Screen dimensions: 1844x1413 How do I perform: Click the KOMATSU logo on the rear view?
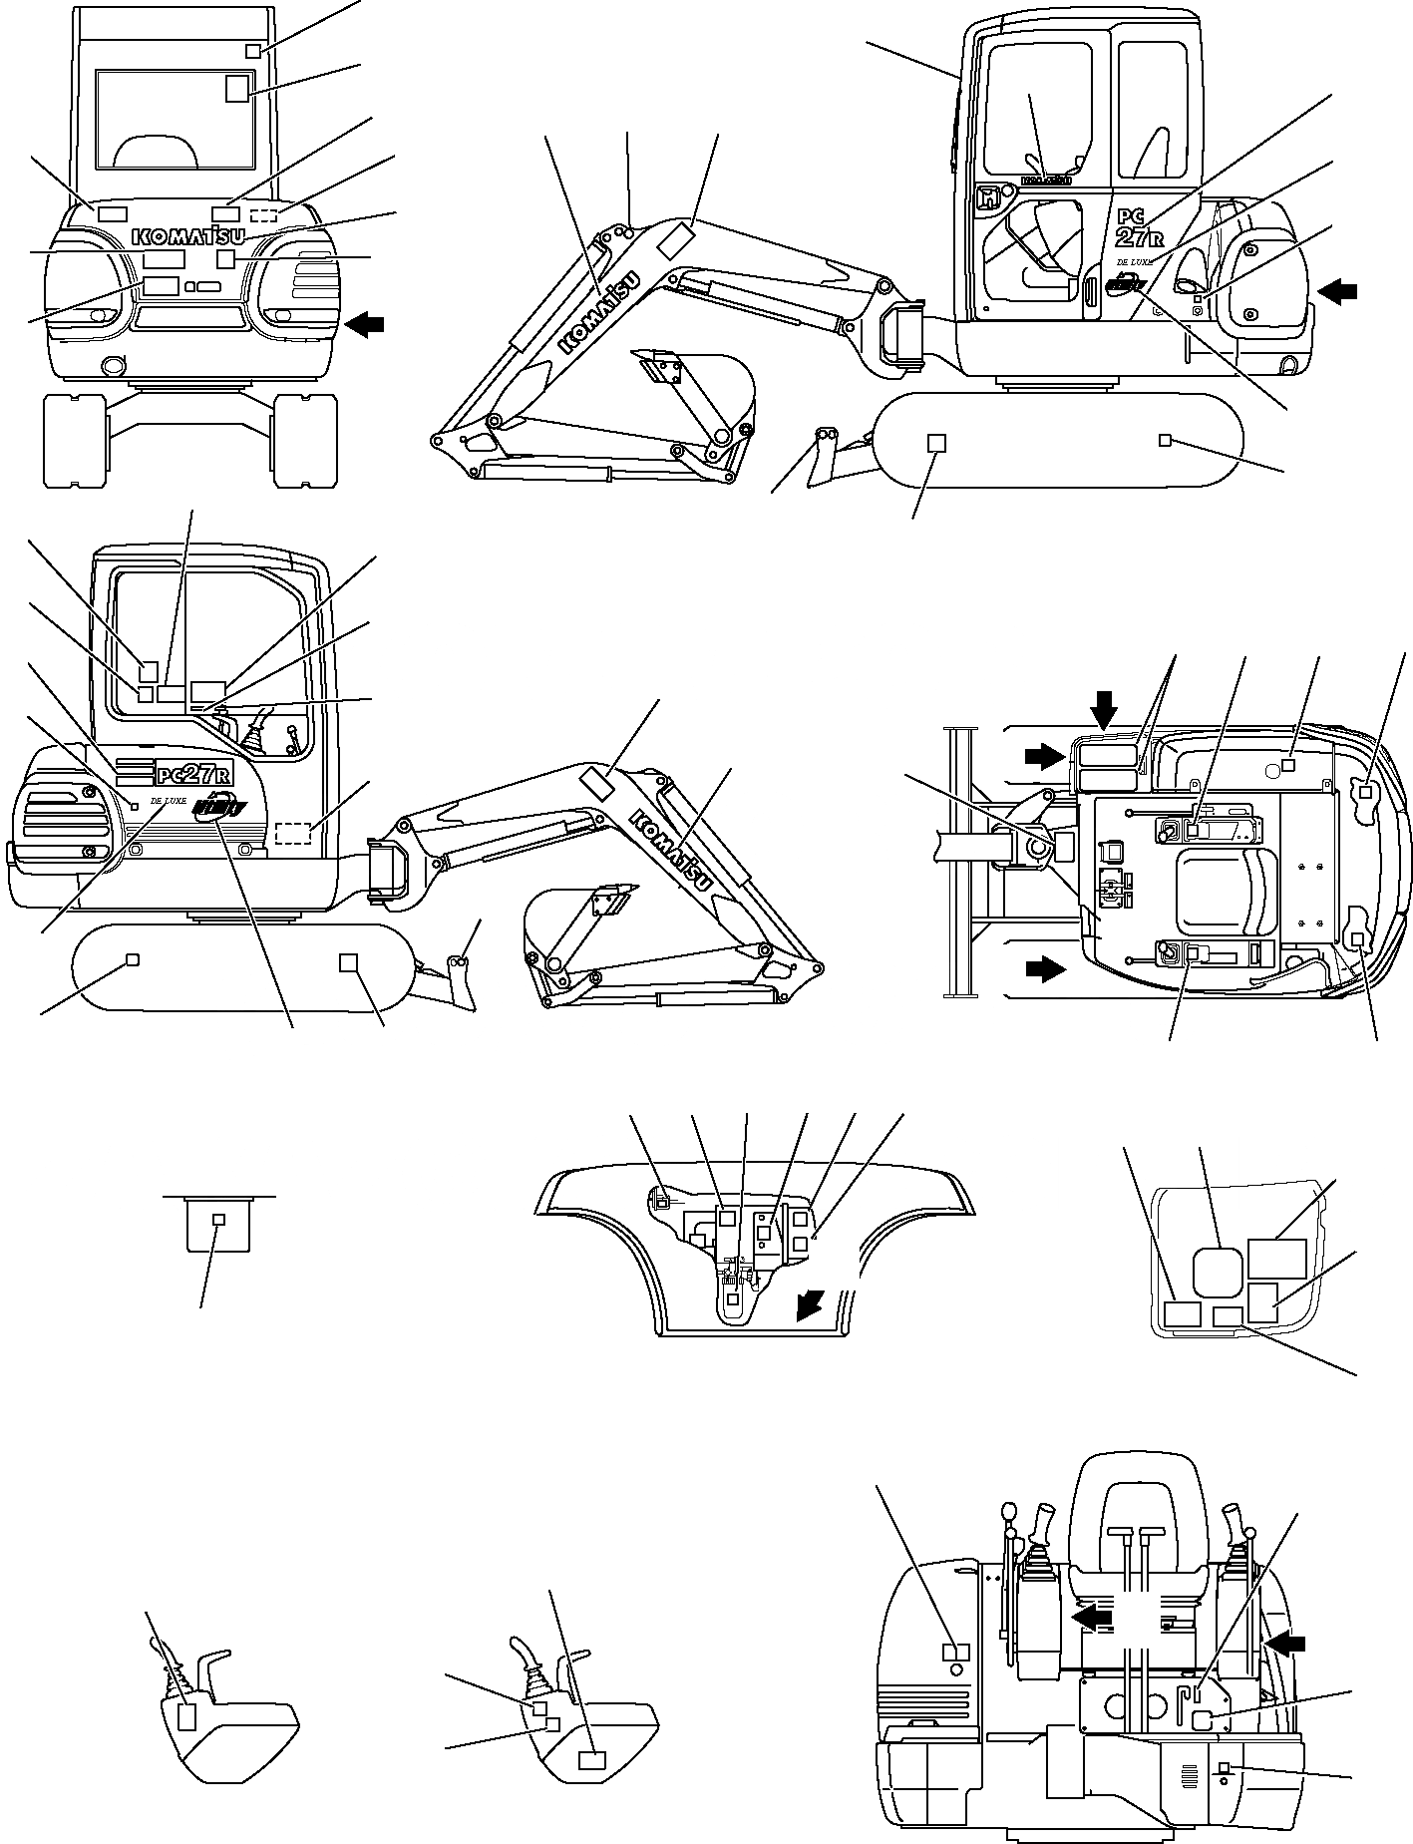tap(188, 236)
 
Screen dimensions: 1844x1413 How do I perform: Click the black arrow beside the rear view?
tap(364, 323)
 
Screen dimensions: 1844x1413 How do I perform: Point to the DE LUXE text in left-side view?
tap(169, 800)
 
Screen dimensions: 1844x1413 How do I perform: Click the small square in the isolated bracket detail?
tap(220, 1220)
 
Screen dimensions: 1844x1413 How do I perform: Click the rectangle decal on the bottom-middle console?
tap(592, 1760)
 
